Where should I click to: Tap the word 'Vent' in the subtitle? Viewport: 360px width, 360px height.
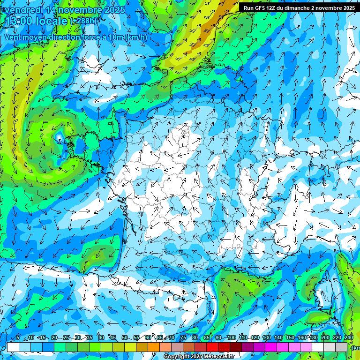(x=14, y=37)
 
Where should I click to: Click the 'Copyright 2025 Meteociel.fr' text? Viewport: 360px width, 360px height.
(x=198, y=357)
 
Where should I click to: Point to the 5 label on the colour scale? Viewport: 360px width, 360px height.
(x=18, y=338)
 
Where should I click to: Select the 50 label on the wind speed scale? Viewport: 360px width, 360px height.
(x=124, y=338)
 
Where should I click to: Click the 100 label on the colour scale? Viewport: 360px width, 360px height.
(x=231, y=338)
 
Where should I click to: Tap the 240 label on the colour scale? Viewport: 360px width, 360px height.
(x=349, y=338)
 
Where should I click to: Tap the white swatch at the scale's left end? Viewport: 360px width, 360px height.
(x=13, y=347)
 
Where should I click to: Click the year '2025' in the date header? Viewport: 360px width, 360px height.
(x=114, y=10)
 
